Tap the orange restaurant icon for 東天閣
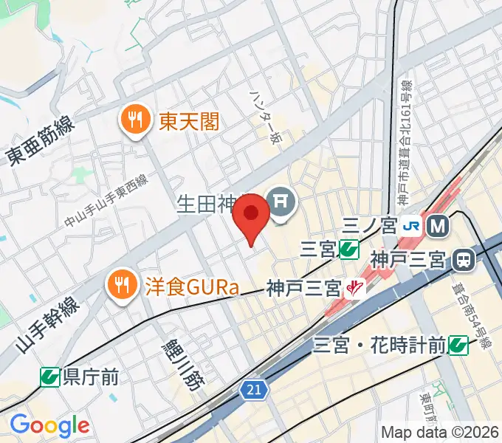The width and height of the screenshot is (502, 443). (x=134, y=119)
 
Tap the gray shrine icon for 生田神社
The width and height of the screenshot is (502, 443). (x=281, y=201)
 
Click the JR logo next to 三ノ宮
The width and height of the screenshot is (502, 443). (x=412, y=225)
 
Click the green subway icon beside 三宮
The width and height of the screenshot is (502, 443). (x=349, y=250)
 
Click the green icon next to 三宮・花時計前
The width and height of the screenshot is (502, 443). (x=458, y=345)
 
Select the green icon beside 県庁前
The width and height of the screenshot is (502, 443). (x=50, y=377)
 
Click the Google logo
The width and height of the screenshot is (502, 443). (x=49, y=425)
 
